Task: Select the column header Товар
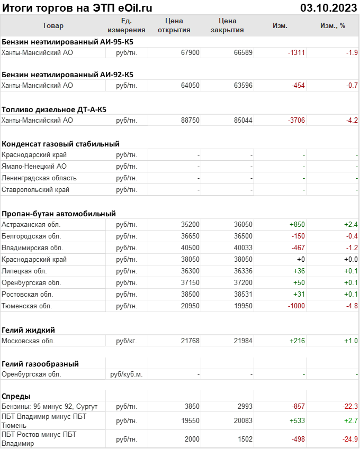point(52,25)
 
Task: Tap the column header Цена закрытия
point(227,25)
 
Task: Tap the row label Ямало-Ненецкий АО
point(34,166)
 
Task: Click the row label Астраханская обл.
point(31,224)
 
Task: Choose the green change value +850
point(297,224)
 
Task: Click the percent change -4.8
point(351,306)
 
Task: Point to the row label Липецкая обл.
point(26,271)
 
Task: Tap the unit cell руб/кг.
point(127,341)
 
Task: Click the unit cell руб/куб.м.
point(127,374)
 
